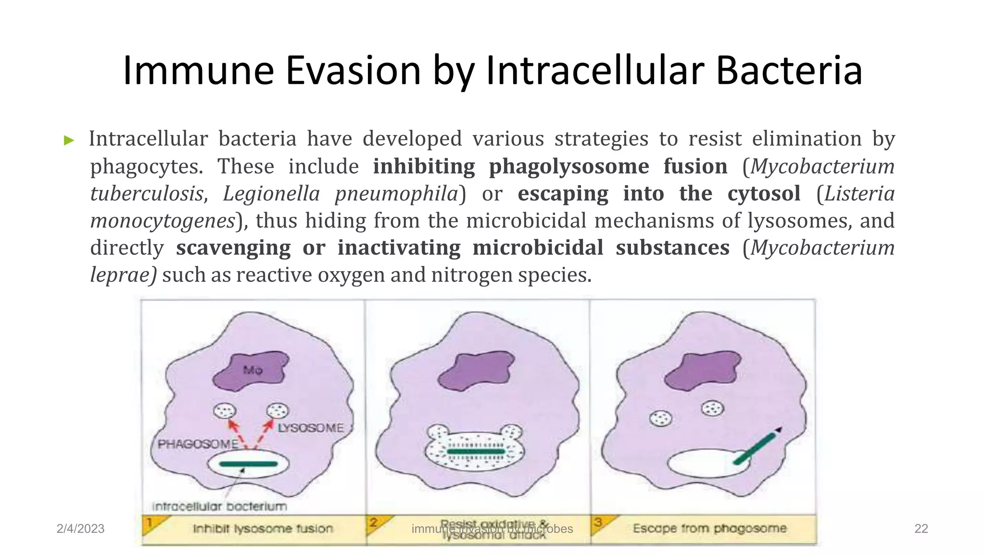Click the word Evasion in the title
click(353, 71)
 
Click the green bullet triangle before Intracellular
click(69, 141)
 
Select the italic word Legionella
click(271, 194)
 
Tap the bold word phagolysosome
click(569, 166)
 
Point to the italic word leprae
click(123, 275)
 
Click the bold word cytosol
click(764, 194)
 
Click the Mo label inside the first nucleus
click(253, 370)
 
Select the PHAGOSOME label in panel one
click(198, 444)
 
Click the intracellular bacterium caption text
click(219, 506)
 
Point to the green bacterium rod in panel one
click(248, 464)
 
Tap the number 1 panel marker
click(150, 522)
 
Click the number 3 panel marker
click(598, 522)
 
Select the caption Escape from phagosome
click(709, 529)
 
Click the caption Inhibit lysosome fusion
click(263, 529)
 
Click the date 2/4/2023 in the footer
click(80, 529)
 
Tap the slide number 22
click(921, 529)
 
